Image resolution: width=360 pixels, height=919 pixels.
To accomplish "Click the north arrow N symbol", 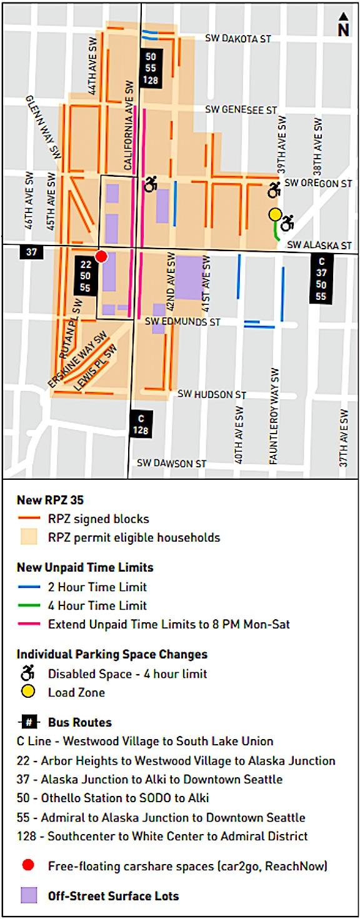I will coord(343,26).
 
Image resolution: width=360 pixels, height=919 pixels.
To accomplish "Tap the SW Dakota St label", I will coord(238,39).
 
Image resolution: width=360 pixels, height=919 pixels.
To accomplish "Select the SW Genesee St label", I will coord(241,110).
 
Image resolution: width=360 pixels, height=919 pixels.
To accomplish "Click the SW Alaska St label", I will coord(319,246).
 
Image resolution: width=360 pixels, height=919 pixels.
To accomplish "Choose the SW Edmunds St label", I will coord(182,322).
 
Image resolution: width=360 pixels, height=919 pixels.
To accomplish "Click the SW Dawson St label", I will coord(171,464).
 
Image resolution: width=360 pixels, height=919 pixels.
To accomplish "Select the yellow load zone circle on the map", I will coord(275,214).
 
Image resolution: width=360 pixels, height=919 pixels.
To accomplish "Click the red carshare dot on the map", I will coord(101,256).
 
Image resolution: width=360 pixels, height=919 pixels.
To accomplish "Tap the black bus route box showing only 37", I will coord(30,251).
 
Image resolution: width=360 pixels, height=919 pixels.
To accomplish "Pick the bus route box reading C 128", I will coord(141,424).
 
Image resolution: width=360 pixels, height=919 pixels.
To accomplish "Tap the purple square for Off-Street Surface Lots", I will coord(30,895).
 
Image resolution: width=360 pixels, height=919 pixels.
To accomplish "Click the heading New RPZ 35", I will coord(50,500).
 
